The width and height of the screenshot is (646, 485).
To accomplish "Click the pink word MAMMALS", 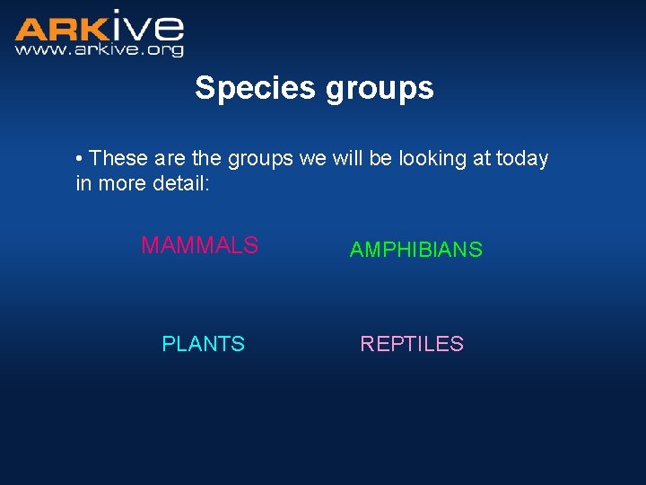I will (199, 245).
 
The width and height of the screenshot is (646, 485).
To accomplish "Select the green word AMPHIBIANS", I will (415, 251).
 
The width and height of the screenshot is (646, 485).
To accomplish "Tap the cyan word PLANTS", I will (203, 344).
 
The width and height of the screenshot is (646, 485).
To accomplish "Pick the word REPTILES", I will (411, 344).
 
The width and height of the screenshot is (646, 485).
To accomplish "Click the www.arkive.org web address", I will (99, 50).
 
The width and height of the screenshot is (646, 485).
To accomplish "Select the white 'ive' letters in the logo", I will (148, 26).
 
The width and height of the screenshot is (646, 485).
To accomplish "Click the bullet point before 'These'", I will (80, 159).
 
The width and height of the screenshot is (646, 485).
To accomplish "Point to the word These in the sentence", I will (118, 159).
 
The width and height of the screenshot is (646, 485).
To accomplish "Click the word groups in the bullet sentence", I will (261, 159).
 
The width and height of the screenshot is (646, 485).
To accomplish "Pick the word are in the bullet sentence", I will (169, 159).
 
